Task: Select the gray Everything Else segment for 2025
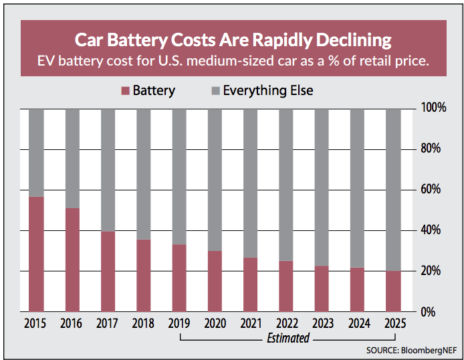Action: (392, 189)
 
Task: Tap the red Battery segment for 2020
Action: (214, 282)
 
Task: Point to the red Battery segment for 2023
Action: (321, 289)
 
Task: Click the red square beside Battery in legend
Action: (124, 90)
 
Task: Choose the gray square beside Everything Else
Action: (214, 90)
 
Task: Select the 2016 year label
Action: (71, 324)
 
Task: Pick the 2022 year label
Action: (285, 324)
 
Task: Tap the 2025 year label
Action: (392, 324)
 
